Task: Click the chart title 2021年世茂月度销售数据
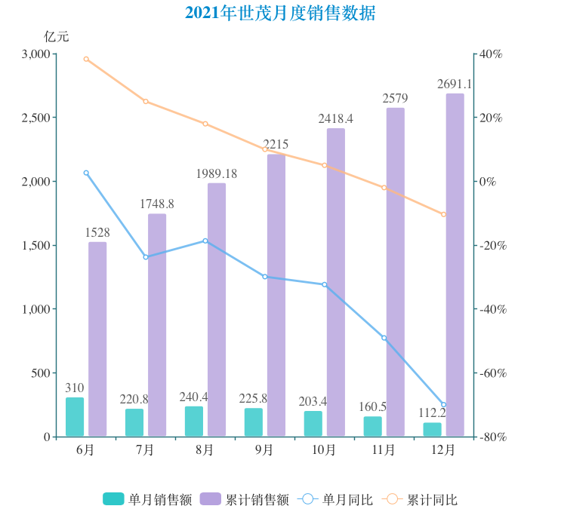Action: tap(280, 13)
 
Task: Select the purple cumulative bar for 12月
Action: tap(455, 265)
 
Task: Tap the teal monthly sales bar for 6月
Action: tap(75, 417)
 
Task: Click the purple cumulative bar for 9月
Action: tap(276, 295)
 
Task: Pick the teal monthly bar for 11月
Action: tap(373, 426)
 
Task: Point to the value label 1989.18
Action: tap(216, 174)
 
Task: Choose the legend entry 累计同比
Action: tap(421, 499)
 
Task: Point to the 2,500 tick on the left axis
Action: tap(35, 118)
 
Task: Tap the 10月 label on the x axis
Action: tap(324, 450)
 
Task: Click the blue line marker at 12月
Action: tap(443, 406)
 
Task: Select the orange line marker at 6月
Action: tap(86, 59)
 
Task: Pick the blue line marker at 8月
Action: tap(205, 241)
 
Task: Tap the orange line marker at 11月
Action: tap(384, 188)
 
